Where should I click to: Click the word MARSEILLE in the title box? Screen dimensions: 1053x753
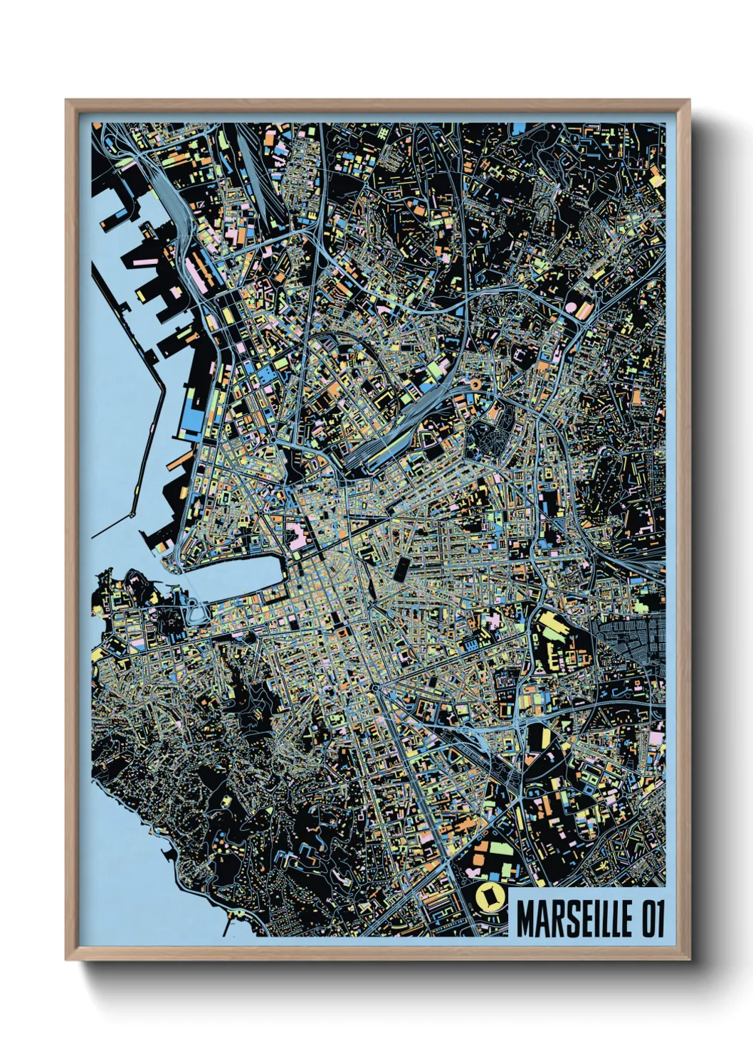[572, 919]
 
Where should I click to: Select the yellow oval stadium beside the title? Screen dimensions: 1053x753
[489, 898]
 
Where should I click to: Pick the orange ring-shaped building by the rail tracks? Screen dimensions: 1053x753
[473, 385]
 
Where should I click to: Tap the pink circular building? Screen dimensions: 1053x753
[570, 308]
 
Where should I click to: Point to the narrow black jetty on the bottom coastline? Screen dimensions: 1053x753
[227, 926]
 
